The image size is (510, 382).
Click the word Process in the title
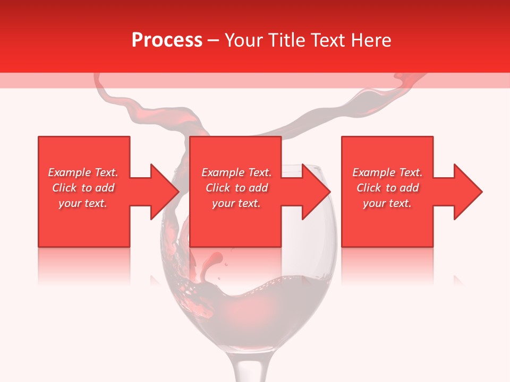(x=167, y=40)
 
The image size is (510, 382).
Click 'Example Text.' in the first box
(x=83, y=172)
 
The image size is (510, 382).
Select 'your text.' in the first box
(x=83, y=203)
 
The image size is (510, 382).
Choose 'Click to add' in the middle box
(x=236, y=188)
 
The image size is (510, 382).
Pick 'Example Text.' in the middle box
(x=236, y=172)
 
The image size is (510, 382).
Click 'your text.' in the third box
(x=387, y=203)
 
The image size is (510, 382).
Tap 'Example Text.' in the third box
(x=387, y=172)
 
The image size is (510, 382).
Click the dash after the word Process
(x=214, y=41)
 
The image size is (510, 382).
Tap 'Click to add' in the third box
(x=387, y=188)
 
